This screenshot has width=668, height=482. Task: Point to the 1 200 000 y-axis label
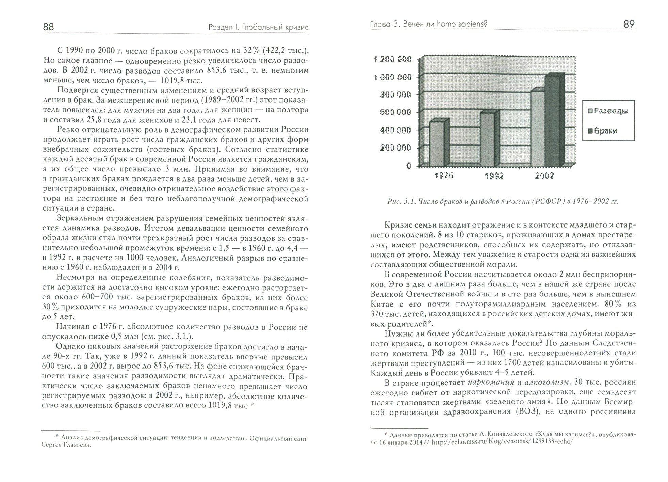pos(392,60)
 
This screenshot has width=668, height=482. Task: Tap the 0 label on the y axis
pos(408,166)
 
